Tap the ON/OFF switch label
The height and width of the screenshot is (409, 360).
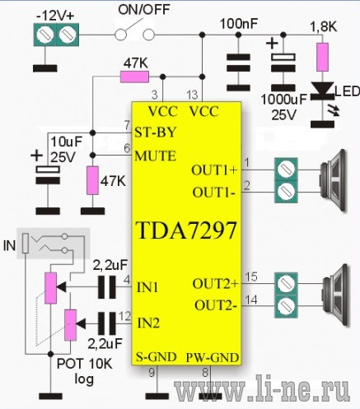click(144, 10)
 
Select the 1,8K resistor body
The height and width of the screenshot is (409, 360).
click(322, 57)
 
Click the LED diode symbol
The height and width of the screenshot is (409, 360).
click(323, 91)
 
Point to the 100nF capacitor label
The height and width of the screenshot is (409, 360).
click(239, 24)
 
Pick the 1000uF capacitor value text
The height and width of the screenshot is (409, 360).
click(283, 100)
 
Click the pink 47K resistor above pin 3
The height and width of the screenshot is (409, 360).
click(134, 77)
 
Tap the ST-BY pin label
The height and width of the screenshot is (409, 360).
click(155, 132)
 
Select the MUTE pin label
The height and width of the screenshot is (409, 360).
click(156, 156)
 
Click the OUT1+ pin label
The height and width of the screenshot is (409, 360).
click(214, 170)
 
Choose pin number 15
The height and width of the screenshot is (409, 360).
click(251, 277)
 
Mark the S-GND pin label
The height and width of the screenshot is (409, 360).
click(157, 357)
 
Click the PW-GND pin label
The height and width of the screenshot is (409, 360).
click(213, 358)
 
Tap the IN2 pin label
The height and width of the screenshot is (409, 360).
click(148, 323)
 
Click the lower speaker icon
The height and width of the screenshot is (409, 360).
click(335, 295)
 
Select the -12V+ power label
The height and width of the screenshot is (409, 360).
click(55, 16)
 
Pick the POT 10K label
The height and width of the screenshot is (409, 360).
click(85, 364)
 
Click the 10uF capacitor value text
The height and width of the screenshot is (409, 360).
click(67, 142)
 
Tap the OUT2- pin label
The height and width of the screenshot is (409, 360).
click(216, 305)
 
